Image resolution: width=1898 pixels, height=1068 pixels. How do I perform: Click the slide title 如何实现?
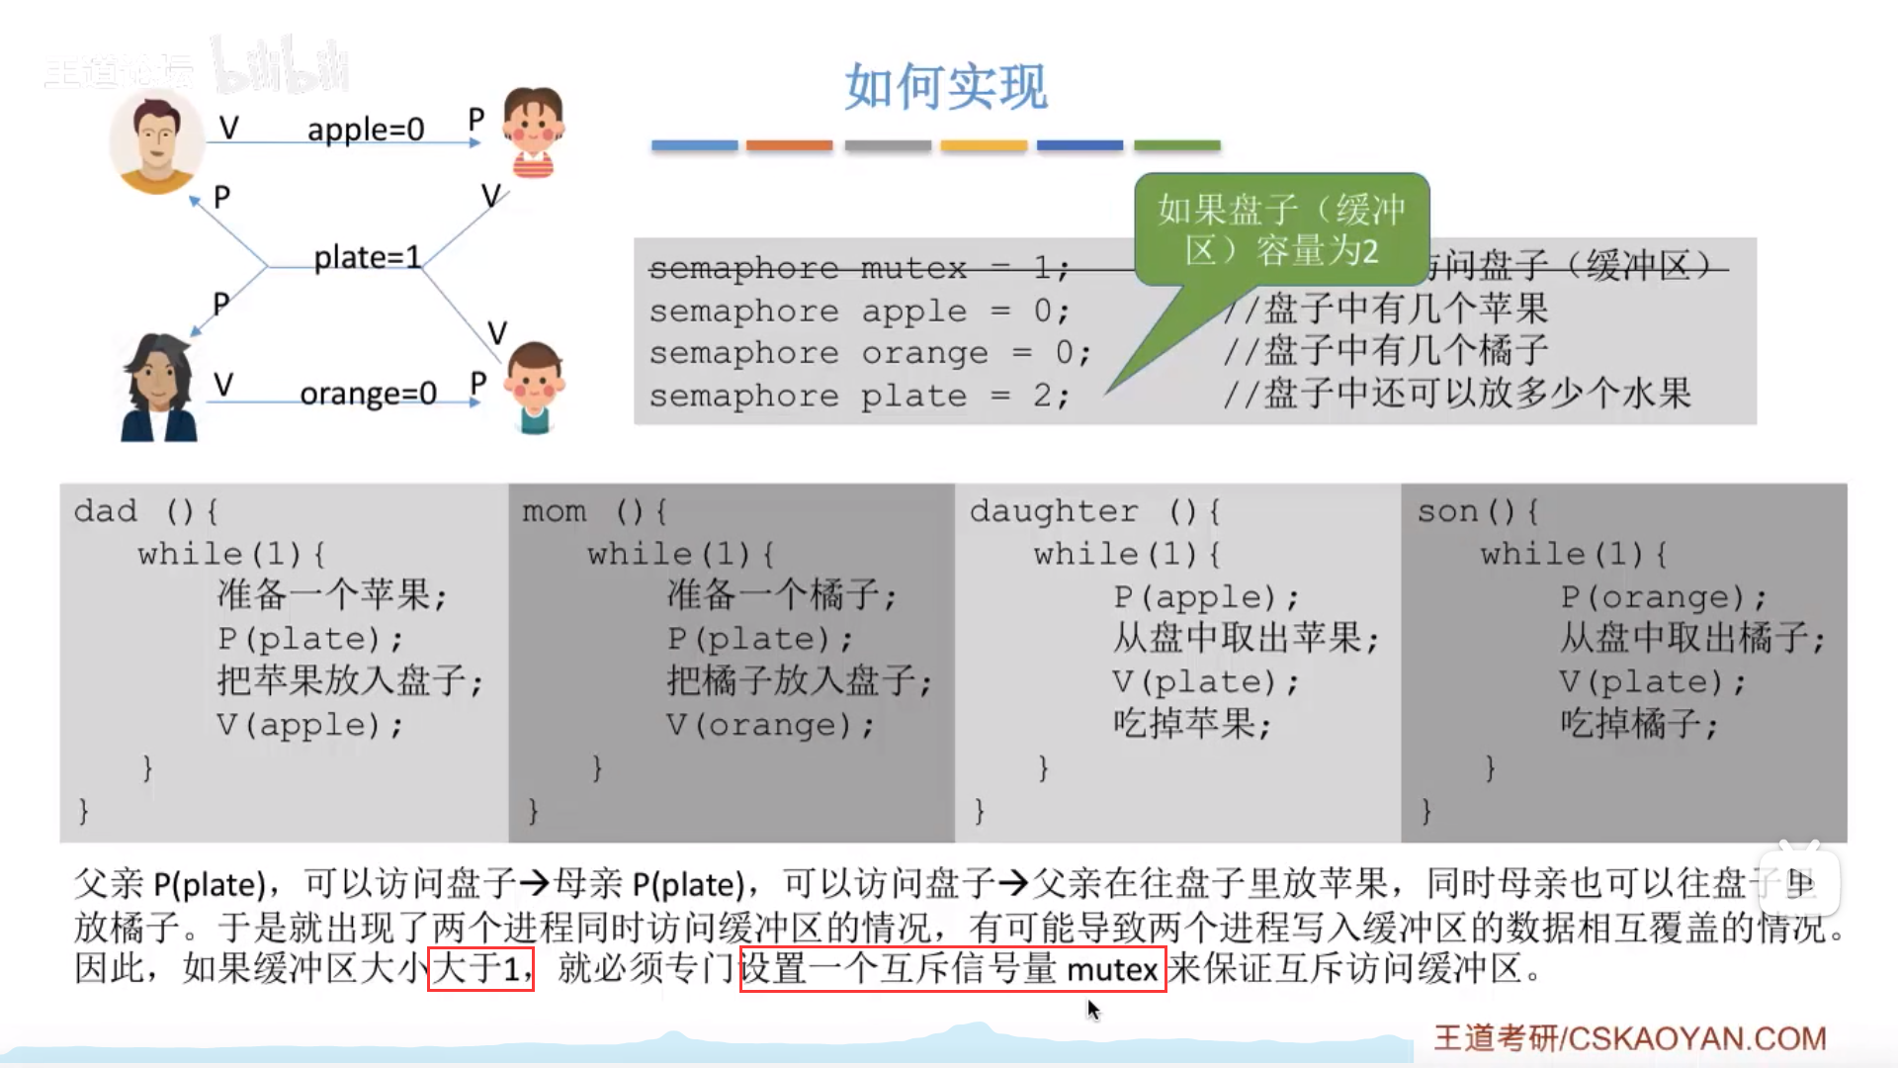946,87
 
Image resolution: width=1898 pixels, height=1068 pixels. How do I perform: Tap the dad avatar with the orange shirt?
155,143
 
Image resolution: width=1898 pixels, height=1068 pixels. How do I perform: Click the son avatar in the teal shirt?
535,388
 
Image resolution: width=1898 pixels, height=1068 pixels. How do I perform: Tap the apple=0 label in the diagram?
366,130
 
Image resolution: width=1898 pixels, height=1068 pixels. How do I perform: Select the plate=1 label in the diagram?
367,257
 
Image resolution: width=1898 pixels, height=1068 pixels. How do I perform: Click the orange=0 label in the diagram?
368,394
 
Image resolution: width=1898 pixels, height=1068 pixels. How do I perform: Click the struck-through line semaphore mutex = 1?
859,268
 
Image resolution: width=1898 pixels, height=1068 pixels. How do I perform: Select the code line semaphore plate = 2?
859,397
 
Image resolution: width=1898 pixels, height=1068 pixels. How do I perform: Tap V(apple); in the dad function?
309,725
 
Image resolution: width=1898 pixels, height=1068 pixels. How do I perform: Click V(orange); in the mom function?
769,725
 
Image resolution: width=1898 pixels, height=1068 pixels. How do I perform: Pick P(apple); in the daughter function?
1205,597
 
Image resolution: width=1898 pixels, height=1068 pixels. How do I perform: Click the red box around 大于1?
480,968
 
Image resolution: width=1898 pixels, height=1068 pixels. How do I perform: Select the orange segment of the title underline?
789,145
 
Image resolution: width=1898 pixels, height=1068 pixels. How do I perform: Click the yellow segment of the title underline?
984,145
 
